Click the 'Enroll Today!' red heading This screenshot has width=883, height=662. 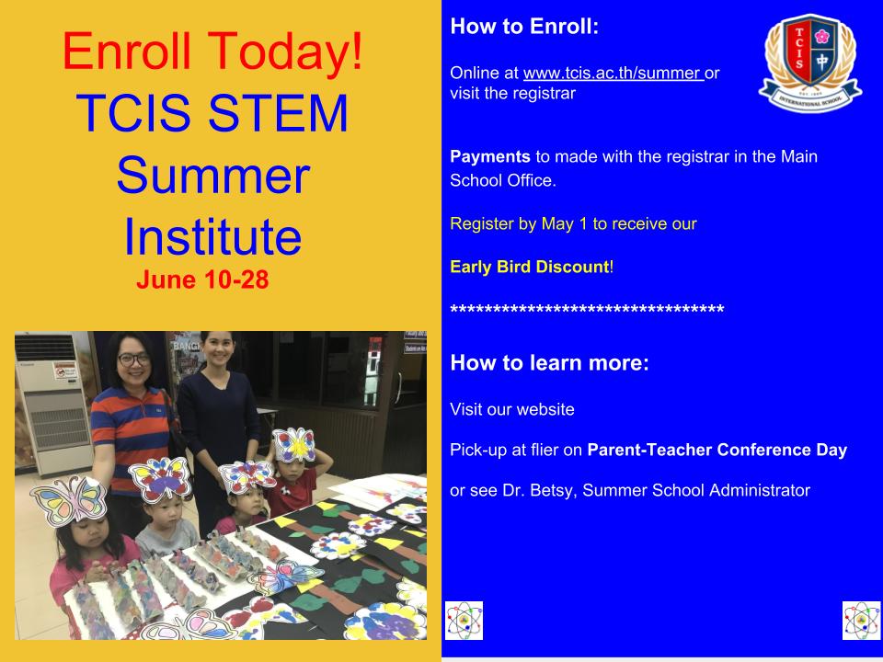tap(212, 52)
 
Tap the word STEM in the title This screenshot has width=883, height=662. tap(278, 113)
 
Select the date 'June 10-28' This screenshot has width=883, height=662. tap(202, 280)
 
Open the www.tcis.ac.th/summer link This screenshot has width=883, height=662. tap(614, 73)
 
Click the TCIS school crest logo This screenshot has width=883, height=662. tap(810, 63)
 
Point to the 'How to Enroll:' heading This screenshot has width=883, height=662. tap(524, 27)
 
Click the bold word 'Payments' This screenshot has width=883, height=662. tap(490, 156)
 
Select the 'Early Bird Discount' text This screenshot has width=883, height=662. tap(530, 267)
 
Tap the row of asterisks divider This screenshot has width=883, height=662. tap(587, 310)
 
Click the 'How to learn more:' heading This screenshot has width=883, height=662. tap(550, 363)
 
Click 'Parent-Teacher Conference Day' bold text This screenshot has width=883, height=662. tap(717, 450)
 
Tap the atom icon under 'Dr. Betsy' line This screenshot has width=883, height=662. tap(464, 621)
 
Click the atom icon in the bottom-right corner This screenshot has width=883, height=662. tap(861, 621)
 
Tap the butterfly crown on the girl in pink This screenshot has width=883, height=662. tap(69, 500)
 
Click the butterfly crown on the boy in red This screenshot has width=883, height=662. tap(293, 445)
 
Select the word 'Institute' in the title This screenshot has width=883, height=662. tap(212, 236)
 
